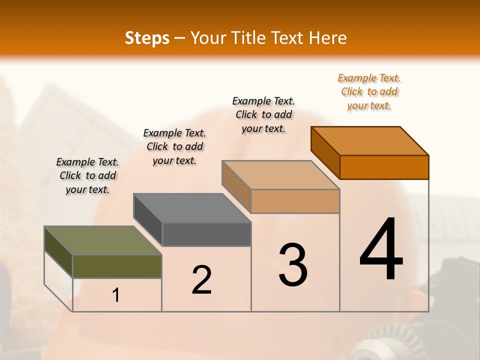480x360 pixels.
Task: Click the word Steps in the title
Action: (x=146, y=38)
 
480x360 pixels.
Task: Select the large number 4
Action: (x=381, y=250)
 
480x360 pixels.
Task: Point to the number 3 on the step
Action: (x=293, y=265)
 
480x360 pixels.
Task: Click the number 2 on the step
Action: (x=201, y=280)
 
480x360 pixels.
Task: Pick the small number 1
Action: (x=116, y=295)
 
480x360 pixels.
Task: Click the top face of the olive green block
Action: (x=102, y=240)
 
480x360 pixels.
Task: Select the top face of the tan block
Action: (x=280, y=175)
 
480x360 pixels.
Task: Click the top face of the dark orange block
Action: (x=369, y=141)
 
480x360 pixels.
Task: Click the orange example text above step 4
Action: (x=369, y=91)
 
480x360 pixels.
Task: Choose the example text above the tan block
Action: (x=263, y=114)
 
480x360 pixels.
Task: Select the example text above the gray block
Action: (x=174, y=146)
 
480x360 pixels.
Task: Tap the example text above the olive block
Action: (x=87, y=175)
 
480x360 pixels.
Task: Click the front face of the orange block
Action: (x=384, y=167)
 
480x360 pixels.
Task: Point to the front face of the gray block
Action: (x=206, y=234)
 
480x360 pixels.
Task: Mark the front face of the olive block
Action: (x=117, y=266)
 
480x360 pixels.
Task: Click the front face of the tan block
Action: (x=295, y=201)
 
